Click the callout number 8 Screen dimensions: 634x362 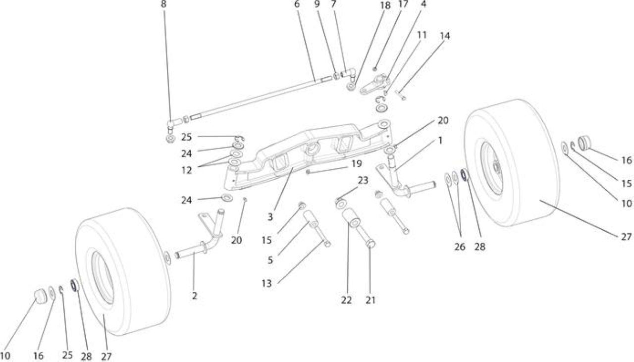point(163,4)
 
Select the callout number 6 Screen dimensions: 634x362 point(297,4)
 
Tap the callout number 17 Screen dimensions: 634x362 point(403,4)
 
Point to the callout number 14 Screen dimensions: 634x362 point(445,36)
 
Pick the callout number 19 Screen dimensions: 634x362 point(357,163)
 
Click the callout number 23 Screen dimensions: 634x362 point(363,180)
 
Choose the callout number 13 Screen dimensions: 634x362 point(266,283)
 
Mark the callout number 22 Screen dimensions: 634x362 point(346,300)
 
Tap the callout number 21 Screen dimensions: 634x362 point(370,300)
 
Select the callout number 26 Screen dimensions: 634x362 point(460,247)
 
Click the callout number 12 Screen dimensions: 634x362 point(187,170)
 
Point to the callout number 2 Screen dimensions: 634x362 point(194,296)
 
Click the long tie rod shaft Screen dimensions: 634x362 point(255,98)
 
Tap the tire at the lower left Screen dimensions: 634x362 point(123,272)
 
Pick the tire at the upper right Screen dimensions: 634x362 point(512,163)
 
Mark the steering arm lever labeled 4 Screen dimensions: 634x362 point(374,84)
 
